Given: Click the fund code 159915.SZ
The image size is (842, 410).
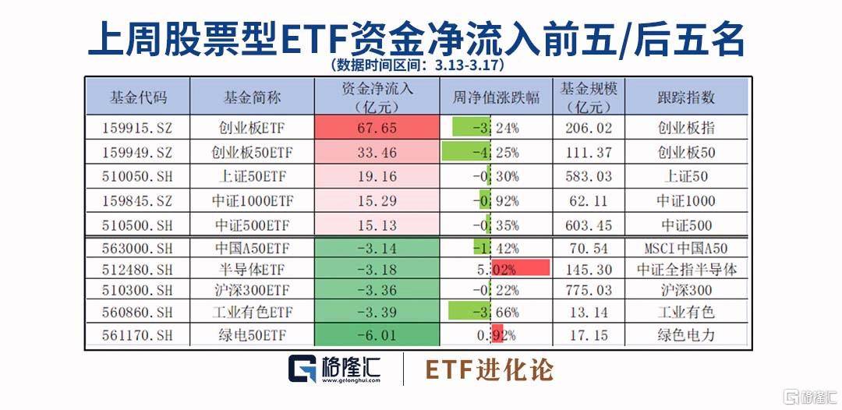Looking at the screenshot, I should click(x=137, y=128).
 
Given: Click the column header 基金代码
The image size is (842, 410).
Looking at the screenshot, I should click(x=137, y=97).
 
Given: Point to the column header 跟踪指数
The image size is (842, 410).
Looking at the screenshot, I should click(x=685, y=97).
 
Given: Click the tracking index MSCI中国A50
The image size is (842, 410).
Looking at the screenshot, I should click(x=685, y=249).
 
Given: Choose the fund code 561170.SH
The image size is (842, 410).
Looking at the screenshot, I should click(x=137, y=338).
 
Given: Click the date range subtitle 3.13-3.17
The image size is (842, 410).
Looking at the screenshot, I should click(x=417, y=65).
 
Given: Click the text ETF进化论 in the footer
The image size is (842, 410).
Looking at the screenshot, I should click(x=489, y=370).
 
